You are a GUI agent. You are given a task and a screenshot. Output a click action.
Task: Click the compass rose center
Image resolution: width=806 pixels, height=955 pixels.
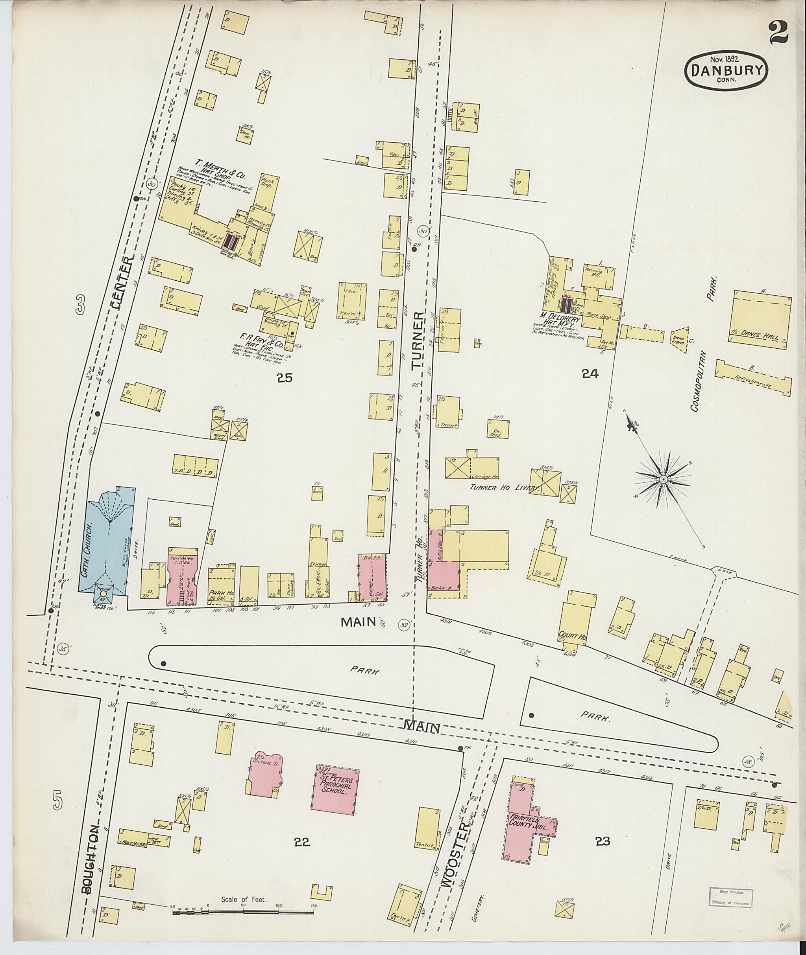point(662,480)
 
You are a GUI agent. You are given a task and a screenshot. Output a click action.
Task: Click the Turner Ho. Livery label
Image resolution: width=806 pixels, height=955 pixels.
point(504,488)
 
